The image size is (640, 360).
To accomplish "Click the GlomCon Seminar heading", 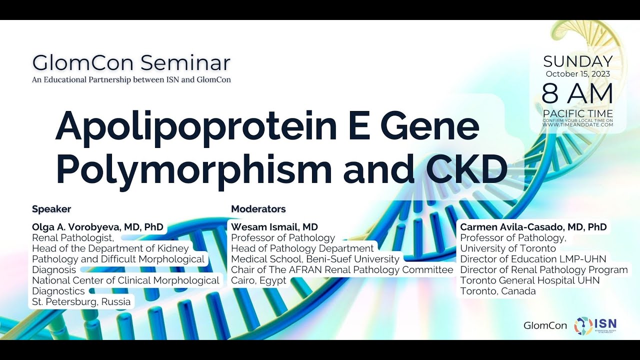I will [x=131, y=63].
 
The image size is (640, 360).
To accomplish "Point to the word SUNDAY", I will [x=577, y=61].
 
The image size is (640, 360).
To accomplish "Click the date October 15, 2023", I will [x=577, y=74].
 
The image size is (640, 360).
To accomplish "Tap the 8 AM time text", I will [x=577, y=93].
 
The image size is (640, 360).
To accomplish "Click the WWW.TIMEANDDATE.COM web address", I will [x=577, y=124].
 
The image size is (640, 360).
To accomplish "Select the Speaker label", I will [x=51, y=209].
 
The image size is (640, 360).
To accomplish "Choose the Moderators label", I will [x=258, y=209].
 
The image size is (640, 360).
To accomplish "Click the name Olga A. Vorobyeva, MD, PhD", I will [x=97, y=227].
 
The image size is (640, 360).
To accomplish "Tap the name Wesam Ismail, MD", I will [x=274, y=227].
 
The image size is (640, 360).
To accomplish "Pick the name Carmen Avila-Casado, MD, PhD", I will [x=533, y=227].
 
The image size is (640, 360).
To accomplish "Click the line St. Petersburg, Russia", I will [x=81, y=301].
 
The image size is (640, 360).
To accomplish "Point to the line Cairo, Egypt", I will [x=258, y=280].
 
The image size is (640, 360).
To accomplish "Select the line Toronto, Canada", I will [x=497, y=291].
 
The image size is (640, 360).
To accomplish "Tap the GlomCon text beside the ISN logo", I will [x=545, y=325].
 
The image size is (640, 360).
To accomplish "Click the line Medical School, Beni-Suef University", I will [x=315, y=259].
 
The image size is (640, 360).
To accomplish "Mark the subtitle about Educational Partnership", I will [x=131, y=79].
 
